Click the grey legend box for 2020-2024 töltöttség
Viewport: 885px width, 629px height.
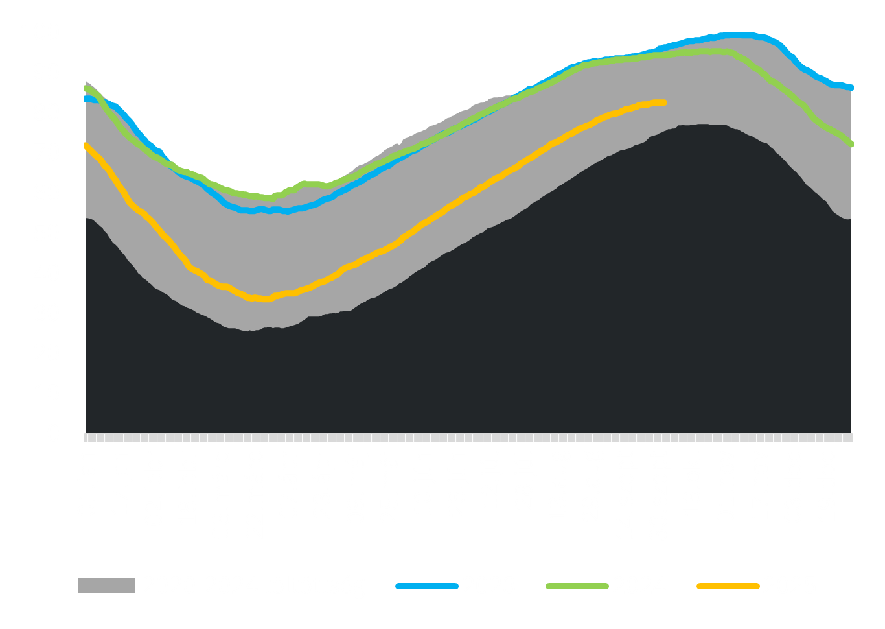click(106, 586)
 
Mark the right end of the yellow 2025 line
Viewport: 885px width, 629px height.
click(665, 102)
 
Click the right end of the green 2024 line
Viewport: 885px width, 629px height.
click(852, 145)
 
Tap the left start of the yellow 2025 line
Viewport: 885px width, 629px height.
click(86, 145)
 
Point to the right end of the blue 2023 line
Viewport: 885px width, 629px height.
click(852, 88)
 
